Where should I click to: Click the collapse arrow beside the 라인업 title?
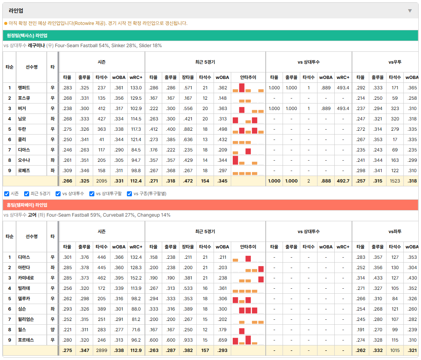click(x=410, y=11)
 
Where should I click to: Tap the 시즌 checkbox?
click(x=7, y=194)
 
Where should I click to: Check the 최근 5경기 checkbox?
click(x=26, y=194)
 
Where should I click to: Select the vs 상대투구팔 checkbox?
click(x=92, y=194)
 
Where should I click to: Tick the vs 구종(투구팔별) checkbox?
click(x=130, y=194)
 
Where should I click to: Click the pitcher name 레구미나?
click(x=36, y=46)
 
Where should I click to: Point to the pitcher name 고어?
click(x=32, y=215)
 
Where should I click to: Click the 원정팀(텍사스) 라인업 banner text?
click(x=27, y=35)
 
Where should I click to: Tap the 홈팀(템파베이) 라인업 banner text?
click(x=27, y=205)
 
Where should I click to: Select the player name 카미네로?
click(x=26, y=278)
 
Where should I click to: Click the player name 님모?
click(x=22, y=118)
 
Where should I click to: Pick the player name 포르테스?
click(x=26, y=340)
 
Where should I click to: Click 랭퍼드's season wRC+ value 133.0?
click(x=136, y=88)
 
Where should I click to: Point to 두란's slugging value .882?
click(x=187, y=129)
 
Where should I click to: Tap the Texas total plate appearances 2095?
click(x=102, y=181)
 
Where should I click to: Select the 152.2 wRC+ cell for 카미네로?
click(x=136, y=278)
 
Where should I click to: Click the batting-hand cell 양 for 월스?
click(x=53, y=330)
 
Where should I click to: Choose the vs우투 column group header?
click(x=395, y=62)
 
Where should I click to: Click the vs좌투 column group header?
click(x=395, y=232)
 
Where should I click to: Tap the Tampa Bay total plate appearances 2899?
click(x=102, y=350)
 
